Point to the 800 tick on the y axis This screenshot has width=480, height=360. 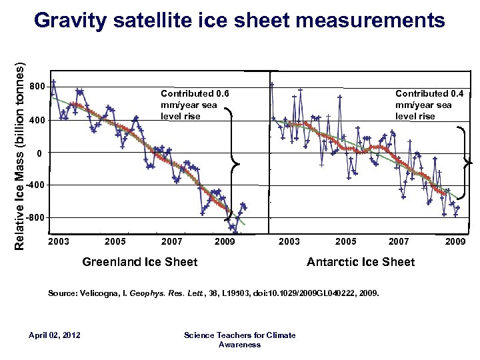pyautogui.click(x=38, y=87)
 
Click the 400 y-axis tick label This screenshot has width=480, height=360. pyautogui.click(x=38, y=121)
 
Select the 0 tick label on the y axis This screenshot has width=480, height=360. pyautogui.click(x=39, y=153)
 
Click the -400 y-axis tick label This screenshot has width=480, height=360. pyautogui.click(x=37, y=185)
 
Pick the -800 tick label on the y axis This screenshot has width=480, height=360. pyautogui.click(x=37, y=218)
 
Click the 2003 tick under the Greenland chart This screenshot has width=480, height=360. pyautogui.click(x=59, y=241)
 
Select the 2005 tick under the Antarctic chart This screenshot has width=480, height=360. pyautogui.click(x=345, y=241)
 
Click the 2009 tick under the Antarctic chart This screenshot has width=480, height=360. pyautogui.click(x=455, y=241)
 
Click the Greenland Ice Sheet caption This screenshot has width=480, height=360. pyautogui.click(x=139, y=262)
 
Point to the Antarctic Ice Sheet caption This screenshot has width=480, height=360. pyautogui.click(x=361, y=262)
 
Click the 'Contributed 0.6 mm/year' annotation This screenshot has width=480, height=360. pyautogui.click(x=189, y=105)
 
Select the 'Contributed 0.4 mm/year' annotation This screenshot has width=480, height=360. pyautogui.click(x=423, y=105)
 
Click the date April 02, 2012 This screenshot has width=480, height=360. pyautogui.click(x=55, y=335)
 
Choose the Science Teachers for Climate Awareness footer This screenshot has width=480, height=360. pyautogui.click(x=239, y=339)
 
